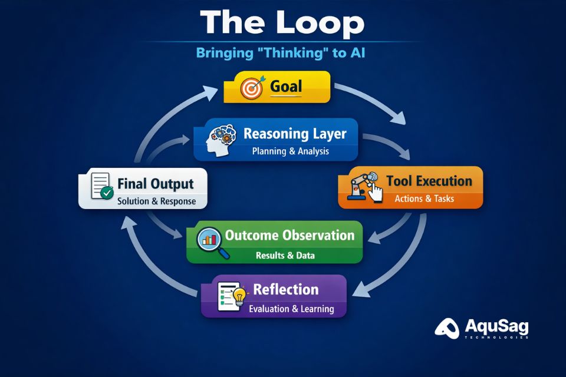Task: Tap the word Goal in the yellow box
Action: (x=286, y=87)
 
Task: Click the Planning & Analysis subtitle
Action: (x=291, y=151)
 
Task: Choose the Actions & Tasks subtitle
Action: (x=424, y=199)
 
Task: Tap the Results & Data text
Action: (x=285, y=256)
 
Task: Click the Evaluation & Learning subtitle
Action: (x=291, y=309)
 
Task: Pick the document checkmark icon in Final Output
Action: (x=101, y=187)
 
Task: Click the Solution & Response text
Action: (x=156, y=201)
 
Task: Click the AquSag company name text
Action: (x=496, y=326)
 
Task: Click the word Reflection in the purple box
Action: (x=286, y=289)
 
